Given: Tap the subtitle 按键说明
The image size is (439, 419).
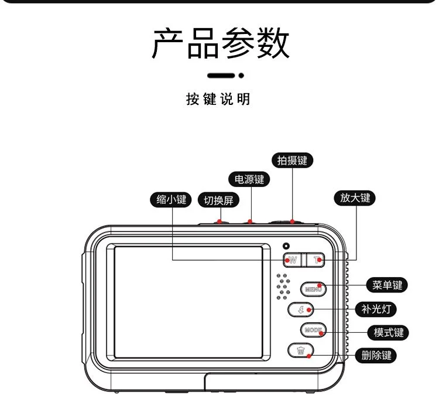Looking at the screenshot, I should pos(218,99).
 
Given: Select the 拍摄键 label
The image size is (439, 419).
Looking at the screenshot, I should pos(292,161).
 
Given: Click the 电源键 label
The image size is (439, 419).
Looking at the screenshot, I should pos(249,179).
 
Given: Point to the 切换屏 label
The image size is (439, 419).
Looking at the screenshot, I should pos(218,200).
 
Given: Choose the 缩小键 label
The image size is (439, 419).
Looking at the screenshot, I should pos(171,199).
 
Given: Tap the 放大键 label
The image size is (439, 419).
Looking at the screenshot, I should pos(355,198).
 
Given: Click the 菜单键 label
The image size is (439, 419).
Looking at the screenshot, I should pos(387,285).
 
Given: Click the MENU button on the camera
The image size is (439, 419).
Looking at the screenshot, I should pos(313,288).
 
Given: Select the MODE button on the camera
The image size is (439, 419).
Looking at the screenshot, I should pos(313,330).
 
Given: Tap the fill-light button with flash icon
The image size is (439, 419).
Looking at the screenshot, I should pos(301,309).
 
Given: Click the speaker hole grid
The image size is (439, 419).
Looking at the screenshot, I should pos(283,287).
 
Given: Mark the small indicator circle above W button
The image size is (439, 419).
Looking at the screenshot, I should pos(286,246).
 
